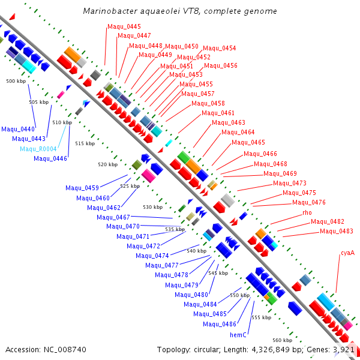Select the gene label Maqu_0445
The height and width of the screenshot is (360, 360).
pos(124,26)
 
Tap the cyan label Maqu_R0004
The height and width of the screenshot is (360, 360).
pos(38,149)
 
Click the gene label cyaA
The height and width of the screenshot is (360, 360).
pos(347,253)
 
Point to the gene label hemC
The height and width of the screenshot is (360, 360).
pos(238,334)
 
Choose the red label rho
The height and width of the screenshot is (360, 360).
pos(307,212)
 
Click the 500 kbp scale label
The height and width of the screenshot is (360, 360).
pos(16,80)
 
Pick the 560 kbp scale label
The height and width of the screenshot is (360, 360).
pos(283,340)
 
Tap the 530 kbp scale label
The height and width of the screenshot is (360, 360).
pos(153,207)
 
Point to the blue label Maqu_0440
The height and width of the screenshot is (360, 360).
pos(18,128)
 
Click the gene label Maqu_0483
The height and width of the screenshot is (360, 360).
pos(337,231)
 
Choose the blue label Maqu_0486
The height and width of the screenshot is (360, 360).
pos(220,324)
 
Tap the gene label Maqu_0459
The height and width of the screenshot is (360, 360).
pos(82,188)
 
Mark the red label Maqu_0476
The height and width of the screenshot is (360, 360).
pos(310,202)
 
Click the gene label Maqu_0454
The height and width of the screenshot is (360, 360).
pos(220,48)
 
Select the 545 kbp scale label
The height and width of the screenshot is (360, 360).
pos(218,273)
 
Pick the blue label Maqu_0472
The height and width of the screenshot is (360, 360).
pos(143,246)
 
